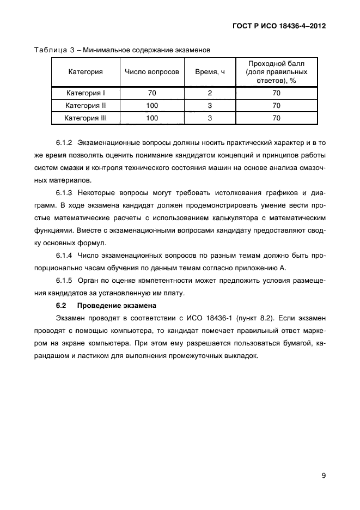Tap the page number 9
coord(323,476)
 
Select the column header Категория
coord(86,72)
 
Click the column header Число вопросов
coord(152,72)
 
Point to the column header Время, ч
coord(210,72)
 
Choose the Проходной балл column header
coord(276,72)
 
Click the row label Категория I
coord(86,93)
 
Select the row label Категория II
coord(86,105)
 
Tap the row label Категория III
coord(86,118)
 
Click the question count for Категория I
coord(152,93)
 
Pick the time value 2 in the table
coord(210,93)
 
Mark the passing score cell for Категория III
coord(276,118)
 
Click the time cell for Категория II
coord(210,105)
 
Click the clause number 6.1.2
coord(64,143)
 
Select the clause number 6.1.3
coord(64,193)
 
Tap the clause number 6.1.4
coord(64,255)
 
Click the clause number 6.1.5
coord(64,280)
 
